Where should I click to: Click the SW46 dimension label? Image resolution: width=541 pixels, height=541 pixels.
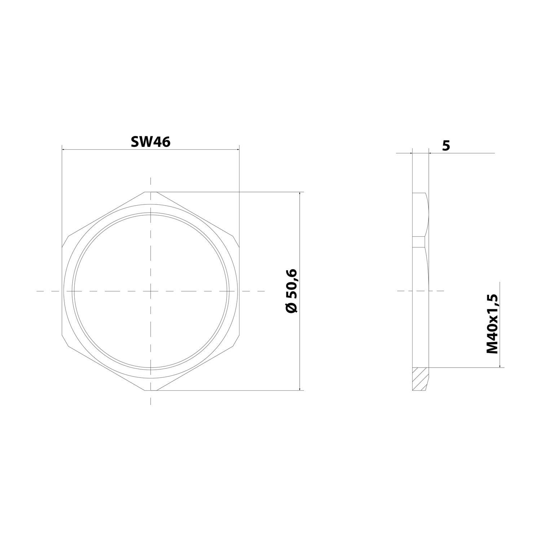point(150,142)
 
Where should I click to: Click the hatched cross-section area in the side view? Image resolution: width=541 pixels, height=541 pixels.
point(420,379)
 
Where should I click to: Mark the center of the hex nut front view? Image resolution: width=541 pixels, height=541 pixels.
point(150,291)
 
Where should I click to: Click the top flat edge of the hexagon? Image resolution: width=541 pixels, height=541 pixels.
point(150,192)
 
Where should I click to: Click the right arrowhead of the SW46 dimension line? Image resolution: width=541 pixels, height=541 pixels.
point(237,149)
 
